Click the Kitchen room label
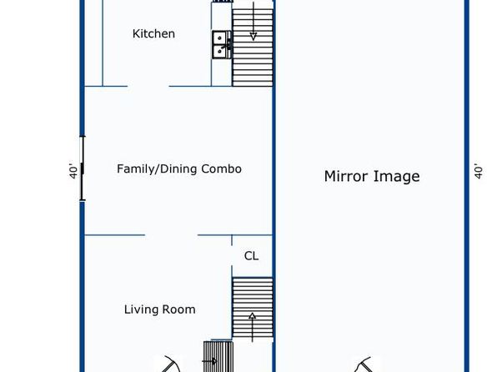[153, 33]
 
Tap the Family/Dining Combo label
[179, 168]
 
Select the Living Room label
[160, 309]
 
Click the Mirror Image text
[372, 176]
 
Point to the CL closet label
[251, 255]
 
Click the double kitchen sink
[222, 44]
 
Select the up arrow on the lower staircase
[253, 327]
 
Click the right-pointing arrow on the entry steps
[209, 361]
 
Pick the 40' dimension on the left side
[73, 171]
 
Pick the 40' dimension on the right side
[479, 171]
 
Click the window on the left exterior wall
[83, 168]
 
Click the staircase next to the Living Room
[253, 308]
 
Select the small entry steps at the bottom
[218, 356]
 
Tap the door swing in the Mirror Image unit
[364, 364]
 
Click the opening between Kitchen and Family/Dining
[148, 86]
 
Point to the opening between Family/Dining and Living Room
[171, 235]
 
